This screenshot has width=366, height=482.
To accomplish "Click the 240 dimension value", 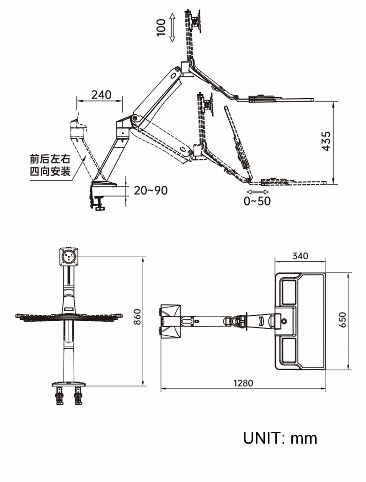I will coord(101,95).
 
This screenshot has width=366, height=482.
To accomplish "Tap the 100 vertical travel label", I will coord(161,27).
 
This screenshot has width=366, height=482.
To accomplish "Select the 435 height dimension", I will coord(325,142).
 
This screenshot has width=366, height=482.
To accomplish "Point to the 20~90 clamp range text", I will coord(151,190).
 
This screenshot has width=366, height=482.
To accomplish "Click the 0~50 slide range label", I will coord(257,201).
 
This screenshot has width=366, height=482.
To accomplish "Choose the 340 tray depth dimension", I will coord(300,256).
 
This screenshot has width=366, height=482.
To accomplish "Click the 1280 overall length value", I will coord(242,383).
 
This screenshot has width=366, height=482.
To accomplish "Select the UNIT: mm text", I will coord(280,438).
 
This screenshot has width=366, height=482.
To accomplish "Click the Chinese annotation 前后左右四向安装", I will coord(50,165).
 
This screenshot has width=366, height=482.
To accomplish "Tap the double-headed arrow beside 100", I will coord(172,27).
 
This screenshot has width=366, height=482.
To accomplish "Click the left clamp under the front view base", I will coord(59,395).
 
